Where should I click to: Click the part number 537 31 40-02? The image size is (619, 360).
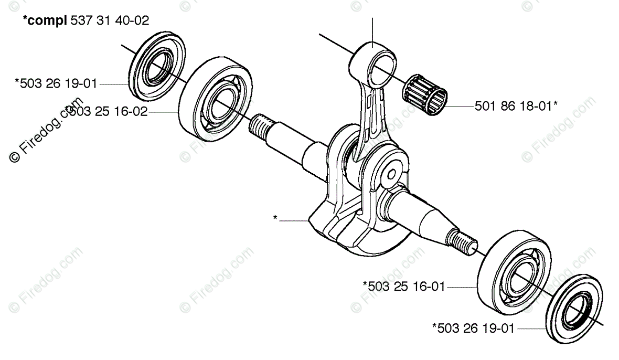(x=109, y=20)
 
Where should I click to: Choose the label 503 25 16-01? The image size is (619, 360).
(x=403, y=287)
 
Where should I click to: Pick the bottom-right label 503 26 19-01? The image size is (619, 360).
(x=473, y=329)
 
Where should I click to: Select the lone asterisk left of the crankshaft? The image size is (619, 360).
(x=275, y=218)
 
